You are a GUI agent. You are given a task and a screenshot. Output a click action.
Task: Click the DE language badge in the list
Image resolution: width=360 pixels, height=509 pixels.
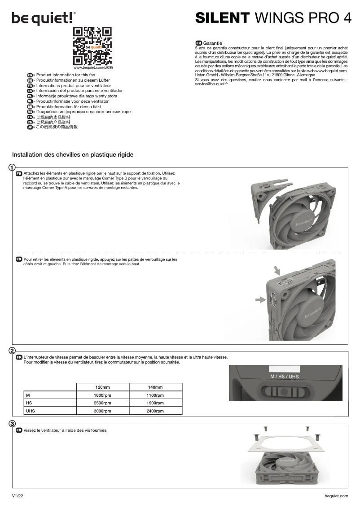click(30, 80)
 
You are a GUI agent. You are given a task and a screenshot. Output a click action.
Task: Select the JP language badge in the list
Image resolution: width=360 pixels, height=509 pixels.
click(30, 127)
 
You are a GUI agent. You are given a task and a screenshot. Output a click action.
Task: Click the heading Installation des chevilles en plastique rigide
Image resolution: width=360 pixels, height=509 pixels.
click(73, 154)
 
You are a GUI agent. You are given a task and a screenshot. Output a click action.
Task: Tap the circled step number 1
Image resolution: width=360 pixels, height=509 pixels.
click(13, 167)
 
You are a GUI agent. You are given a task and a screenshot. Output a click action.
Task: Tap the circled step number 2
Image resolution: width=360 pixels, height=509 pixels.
click(13, 350)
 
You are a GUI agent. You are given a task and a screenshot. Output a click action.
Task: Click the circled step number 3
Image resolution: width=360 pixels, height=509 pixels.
click(13, 423)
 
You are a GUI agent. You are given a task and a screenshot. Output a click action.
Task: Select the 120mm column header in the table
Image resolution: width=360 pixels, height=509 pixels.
click(102, 387)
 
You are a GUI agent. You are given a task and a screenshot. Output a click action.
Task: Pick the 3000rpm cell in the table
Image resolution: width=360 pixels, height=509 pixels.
click(102, 411)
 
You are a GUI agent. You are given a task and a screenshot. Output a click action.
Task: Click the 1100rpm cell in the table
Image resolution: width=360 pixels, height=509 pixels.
click(155, 395)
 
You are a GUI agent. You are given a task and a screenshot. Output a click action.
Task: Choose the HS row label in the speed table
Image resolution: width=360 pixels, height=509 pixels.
click(29, 403)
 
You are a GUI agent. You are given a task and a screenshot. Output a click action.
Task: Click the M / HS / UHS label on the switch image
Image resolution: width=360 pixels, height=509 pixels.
click(284, 376)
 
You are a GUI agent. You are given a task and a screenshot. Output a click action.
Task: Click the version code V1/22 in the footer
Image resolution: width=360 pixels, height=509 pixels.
click(18, 496)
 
